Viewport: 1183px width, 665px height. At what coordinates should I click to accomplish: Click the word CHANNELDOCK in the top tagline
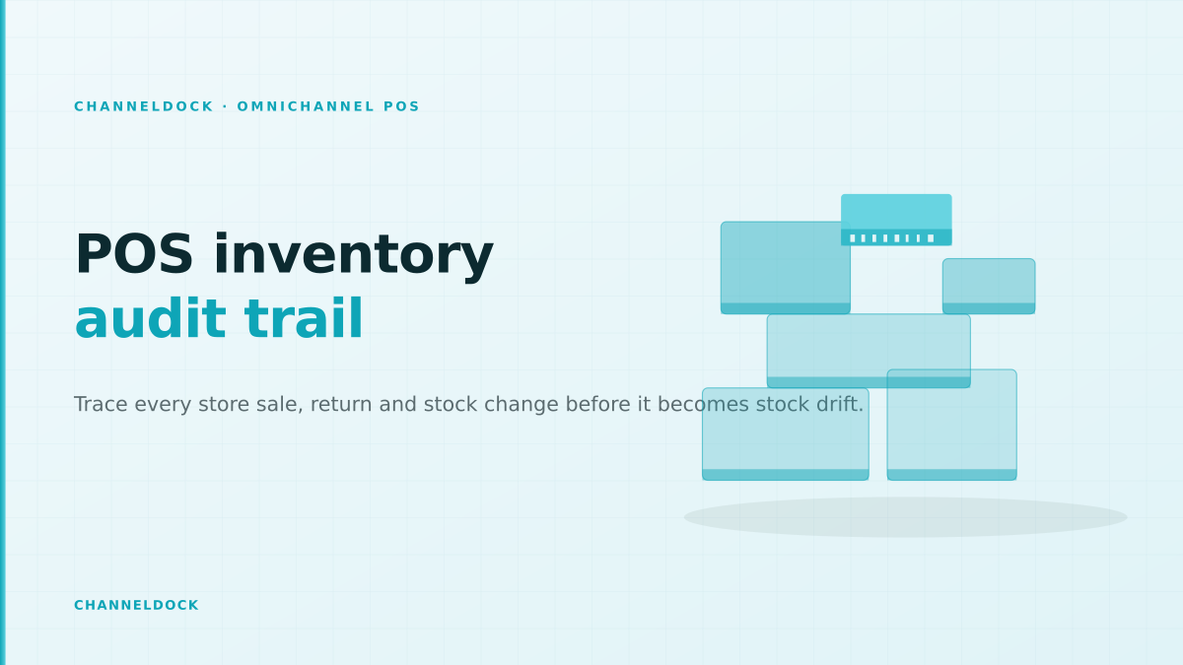[x=144, y=106]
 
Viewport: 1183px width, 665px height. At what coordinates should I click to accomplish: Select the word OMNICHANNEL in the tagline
[x=306, y=106]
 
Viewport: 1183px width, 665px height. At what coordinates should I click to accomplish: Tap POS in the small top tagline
[x=401, y=106]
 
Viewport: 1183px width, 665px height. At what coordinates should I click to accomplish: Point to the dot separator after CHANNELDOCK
[x=226, y=106]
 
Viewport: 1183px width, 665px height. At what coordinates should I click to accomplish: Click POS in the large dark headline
[x=134, y=254]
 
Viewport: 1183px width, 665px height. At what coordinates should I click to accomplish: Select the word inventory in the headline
[x=354, y=256]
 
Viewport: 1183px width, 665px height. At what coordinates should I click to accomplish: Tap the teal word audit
[x=151, y=319]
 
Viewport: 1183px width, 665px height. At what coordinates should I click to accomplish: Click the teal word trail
[x=304, y=319]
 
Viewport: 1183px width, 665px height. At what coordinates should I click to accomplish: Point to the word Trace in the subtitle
[x=101, y=404]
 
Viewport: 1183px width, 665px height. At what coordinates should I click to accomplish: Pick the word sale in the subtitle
[x=280, y=405]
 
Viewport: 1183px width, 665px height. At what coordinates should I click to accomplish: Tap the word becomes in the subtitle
[x=703, y=404]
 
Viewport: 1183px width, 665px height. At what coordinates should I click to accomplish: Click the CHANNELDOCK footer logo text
[x=136, y=605]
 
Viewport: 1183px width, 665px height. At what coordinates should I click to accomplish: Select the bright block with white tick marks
[x=896, y=220]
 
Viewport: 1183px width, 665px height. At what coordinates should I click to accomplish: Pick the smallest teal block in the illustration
[x=989, y=286]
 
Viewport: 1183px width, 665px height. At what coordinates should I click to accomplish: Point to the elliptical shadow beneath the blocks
[x=905, y=517]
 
